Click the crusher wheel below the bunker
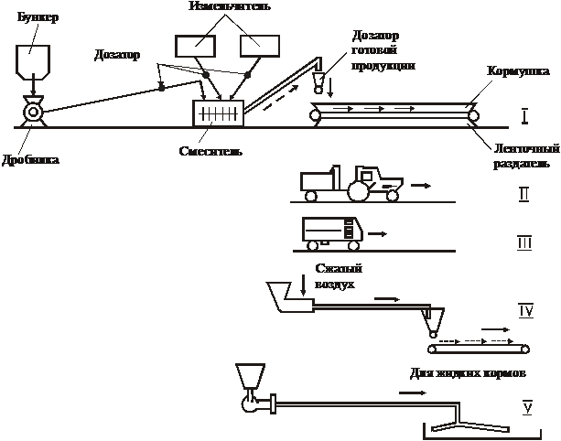coord(33,112)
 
